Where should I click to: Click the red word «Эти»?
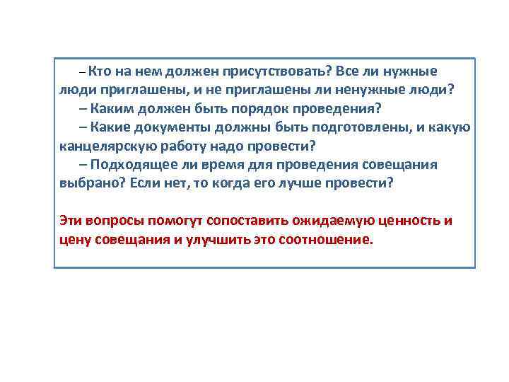tap(71, 220)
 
